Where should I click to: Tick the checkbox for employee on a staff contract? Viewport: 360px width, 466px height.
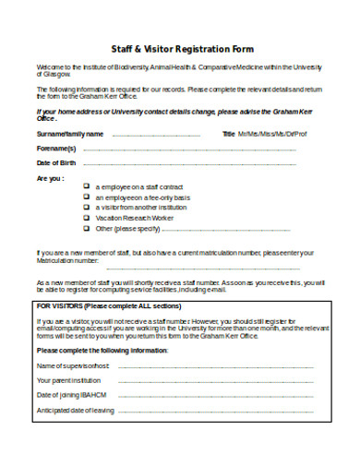click(x=86, y=185)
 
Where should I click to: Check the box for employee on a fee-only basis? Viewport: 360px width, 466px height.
click(x=86, y=197)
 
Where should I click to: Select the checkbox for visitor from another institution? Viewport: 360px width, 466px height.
click(x=86, y=207)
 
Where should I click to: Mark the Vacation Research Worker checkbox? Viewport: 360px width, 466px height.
click(x=86, y=217)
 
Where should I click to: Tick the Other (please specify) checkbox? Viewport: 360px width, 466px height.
click(x=86, y=227)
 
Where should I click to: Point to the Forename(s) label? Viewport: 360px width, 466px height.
click(x=56, y=148)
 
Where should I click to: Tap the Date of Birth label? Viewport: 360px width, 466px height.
click(x=56, y=162)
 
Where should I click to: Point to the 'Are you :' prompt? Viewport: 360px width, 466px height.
click(x=50, y=177)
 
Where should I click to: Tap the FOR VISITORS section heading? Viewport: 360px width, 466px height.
click(x=109, y=304)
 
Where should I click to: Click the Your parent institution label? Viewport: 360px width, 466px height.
click(x=69, y=380)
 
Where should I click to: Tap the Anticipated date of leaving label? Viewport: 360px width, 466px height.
click(x=76, y=411)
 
